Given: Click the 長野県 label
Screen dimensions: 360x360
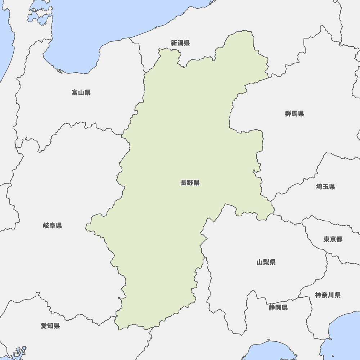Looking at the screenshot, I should (x=190, y=183).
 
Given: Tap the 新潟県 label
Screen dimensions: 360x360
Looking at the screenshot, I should (x=180, y=43).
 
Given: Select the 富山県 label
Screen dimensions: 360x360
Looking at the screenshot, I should (x=81, y=93).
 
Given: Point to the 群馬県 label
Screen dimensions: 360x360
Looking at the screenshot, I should (x=294, y=114).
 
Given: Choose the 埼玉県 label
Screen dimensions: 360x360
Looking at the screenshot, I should (x=325, y=186).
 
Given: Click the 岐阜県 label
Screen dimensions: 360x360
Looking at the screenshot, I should (x=53, y=226).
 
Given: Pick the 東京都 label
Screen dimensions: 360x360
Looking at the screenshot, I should (x=333, y=239).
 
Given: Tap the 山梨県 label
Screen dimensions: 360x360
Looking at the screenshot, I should (x=266, y=262).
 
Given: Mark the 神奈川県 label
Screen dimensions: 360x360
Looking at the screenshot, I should (x=328, y=295).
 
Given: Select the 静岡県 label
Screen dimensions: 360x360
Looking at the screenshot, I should (x=278, y=307).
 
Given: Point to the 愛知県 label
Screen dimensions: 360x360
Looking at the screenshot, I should (x=50, y=326).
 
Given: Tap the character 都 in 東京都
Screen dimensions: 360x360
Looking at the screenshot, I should (x=339, y=239).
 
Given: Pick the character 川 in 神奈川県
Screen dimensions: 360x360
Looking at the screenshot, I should (x=331, y=295).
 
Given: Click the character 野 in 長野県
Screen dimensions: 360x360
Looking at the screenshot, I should (x=190, y=183).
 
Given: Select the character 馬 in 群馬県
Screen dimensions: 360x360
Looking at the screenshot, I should (x=294, y=114).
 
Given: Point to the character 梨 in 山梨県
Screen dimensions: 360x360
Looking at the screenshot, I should (x=266, y=262).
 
